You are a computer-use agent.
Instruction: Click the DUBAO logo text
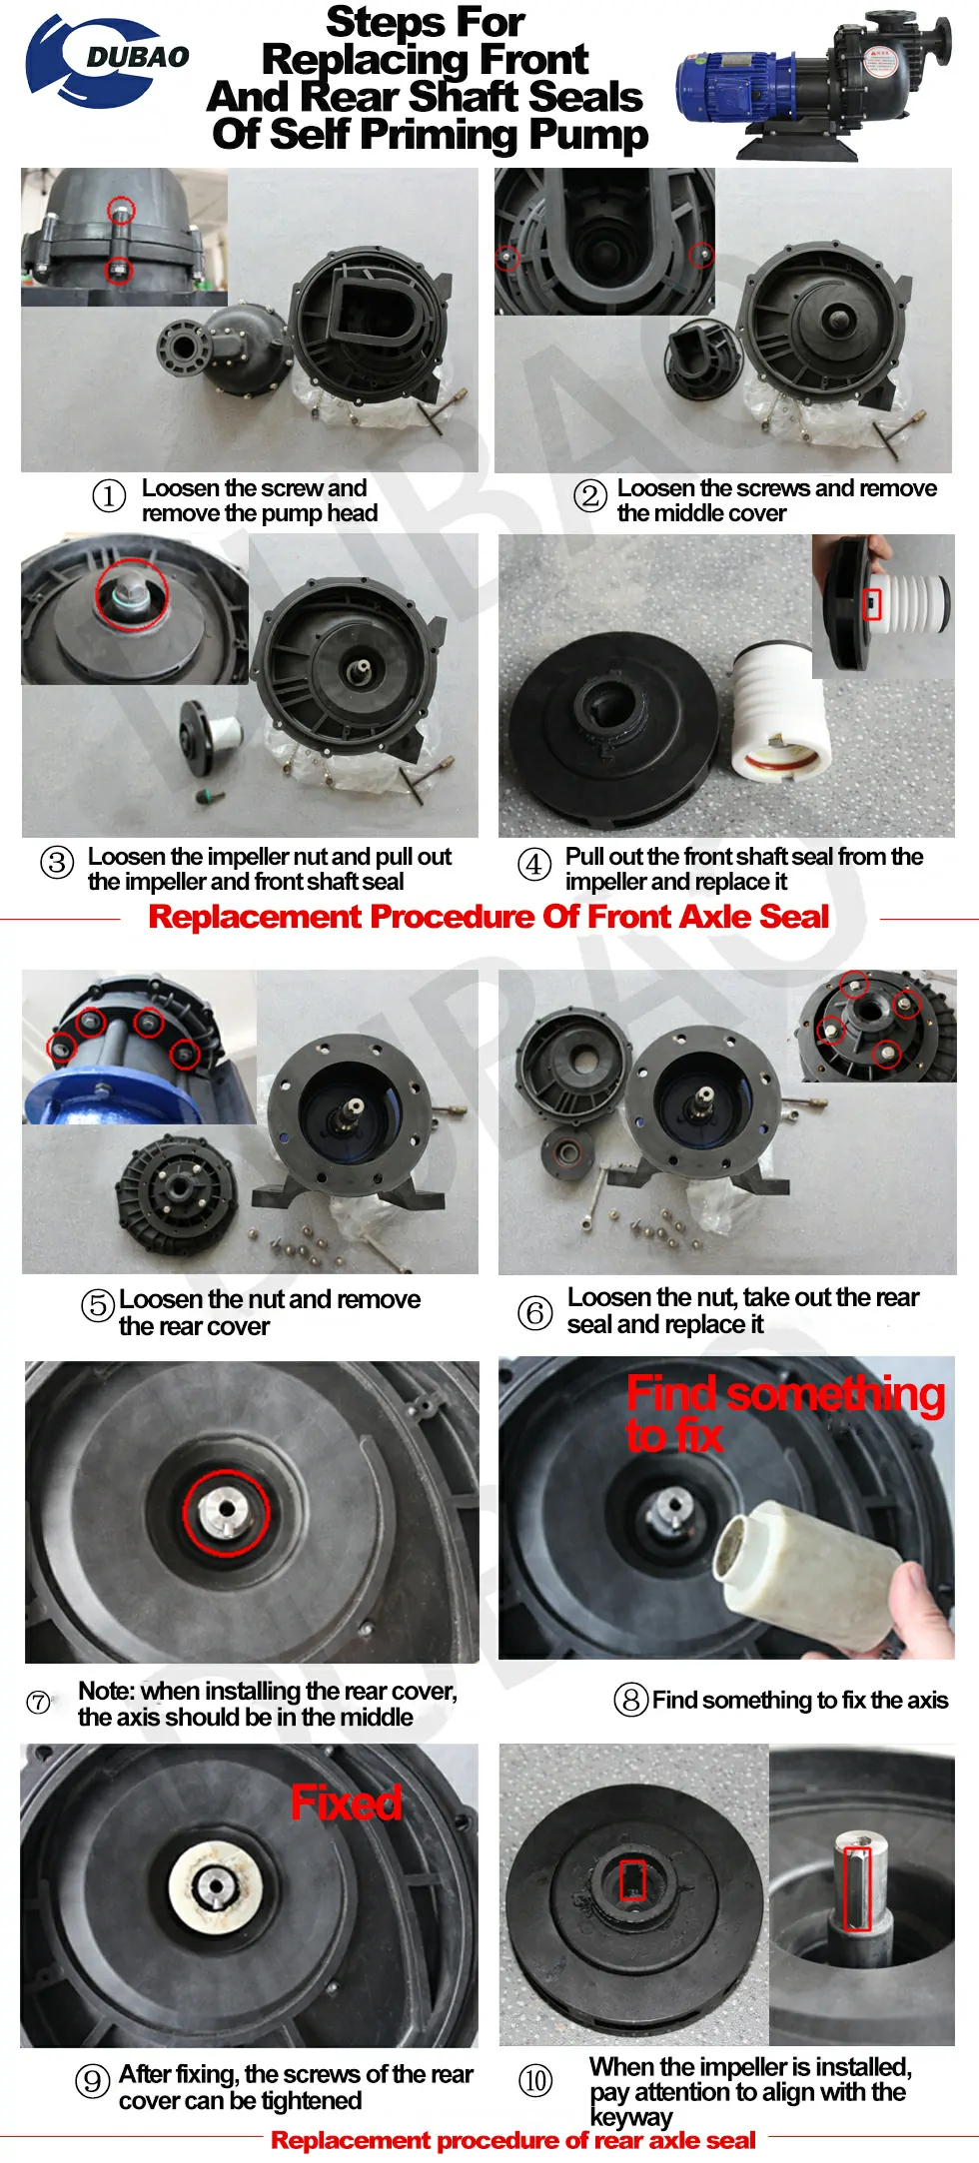137,58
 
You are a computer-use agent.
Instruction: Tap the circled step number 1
109,496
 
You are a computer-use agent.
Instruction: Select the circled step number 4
534,865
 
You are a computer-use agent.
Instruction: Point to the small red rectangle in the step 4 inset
872,603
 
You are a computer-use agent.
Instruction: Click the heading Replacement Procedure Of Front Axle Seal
489,917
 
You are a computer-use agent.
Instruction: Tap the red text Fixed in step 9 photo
346,1802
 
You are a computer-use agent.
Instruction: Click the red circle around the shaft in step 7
227,1513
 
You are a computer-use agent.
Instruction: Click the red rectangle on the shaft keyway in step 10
858,1887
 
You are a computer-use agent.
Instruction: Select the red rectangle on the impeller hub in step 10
633,1880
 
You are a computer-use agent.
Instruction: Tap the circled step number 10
535,2081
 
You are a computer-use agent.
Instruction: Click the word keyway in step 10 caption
630,2117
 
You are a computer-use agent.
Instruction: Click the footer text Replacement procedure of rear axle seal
512,2141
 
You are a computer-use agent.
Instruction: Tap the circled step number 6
534,1312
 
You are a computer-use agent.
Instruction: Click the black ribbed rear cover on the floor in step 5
178,1188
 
